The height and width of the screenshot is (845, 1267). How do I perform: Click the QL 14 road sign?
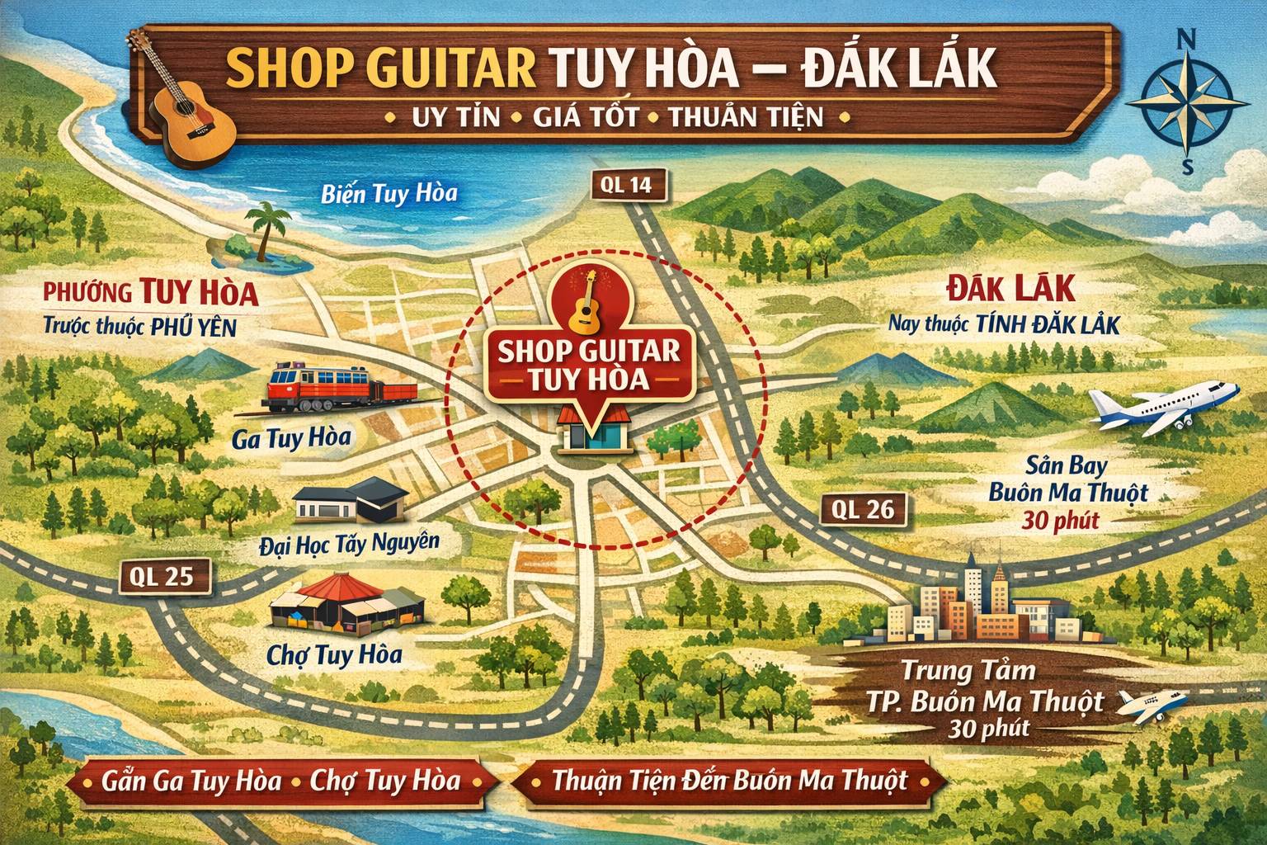click(x=627, y=186)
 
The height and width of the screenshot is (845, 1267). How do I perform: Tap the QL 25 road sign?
click(x=161, y=577)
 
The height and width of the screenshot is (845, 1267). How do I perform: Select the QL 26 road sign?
click(x=863, y=510)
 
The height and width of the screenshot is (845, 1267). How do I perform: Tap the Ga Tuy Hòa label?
click(x=291, y=438)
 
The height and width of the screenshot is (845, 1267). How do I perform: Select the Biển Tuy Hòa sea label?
click(x=389, y=194)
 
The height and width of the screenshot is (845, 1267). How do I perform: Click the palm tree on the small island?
click(x=267, y=231)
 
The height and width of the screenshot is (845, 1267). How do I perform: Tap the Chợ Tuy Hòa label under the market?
click(x=334, y=655)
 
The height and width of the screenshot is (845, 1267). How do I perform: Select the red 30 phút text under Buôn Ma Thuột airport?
click(x=1060, y=522)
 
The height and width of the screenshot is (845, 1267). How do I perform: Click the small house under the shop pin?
click(x=594, y=427)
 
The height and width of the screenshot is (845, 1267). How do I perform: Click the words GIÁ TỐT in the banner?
click(x=585, y=117)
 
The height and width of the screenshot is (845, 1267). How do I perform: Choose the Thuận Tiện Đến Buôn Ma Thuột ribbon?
click(x=729, y=781)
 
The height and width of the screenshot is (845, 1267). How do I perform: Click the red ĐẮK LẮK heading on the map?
click(x=1010, y=290)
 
